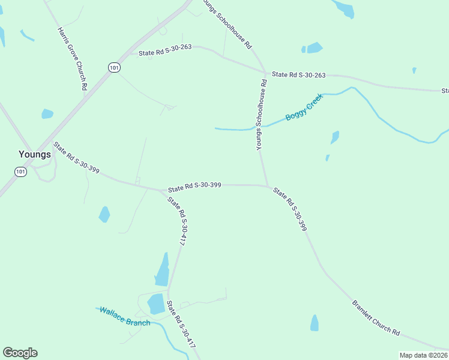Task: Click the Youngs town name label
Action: click(34, 154)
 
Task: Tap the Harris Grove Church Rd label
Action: click(73, 58)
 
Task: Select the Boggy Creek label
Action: click(304, 107)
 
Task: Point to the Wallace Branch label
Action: click(125, 316)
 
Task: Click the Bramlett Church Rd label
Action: click(376, 317)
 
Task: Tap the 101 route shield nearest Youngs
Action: click(21, 172)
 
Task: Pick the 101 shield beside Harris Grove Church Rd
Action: click(114, 67)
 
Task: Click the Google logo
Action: click(20, 353)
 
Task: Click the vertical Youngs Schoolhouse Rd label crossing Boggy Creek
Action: click(261, 114)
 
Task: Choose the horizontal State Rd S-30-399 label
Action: click(194, 186)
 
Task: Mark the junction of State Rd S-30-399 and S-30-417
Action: click(165, 191)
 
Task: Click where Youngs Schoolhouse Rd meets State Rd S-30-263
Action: click(265, 74)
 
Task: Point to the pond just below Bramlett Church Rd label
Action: click(315, 323)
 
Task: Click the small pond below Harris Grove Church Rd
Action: click(47, 113)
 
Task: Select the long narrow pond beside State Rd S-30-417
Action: click(163, 269)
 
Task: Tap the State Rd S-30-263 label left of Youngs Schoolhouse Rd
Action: click(165, 53)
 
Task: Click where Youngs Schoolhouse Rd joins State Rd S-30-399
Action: click(267, 186)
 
